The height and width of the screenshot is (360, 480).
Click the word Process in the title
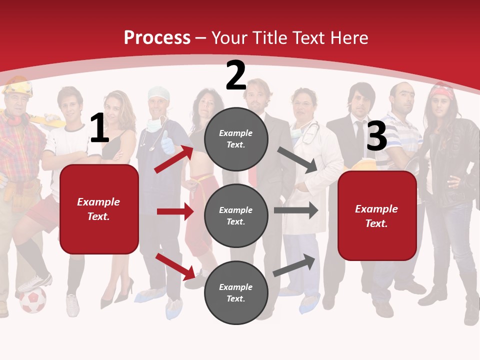click(x=157, y=38)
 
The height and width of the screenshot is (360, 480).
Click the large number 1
click(x=99, y=128)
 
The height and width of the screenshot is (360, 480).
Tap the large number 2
click(x=236, y=76)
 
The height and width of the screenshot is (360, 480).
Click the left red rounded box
click(x=99, y=209)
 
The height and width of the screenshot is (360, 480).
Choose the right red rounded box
click(x=377, y=215)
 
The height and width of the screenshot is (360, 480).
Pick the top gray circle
click(x=236, y=138)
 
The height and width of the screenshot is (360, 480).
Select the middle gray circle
click(x=236, y=215)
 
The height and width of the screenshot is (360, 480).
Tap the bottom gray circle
click(x=236, y=292)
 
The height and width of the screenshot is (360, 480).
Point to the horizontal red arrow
click(x=175, y=211)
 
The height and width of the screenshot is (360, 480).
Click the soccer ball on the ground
click(x=33, y=300)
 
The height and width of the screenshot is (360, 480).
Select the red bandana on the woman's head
click(x=442, y=91)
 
